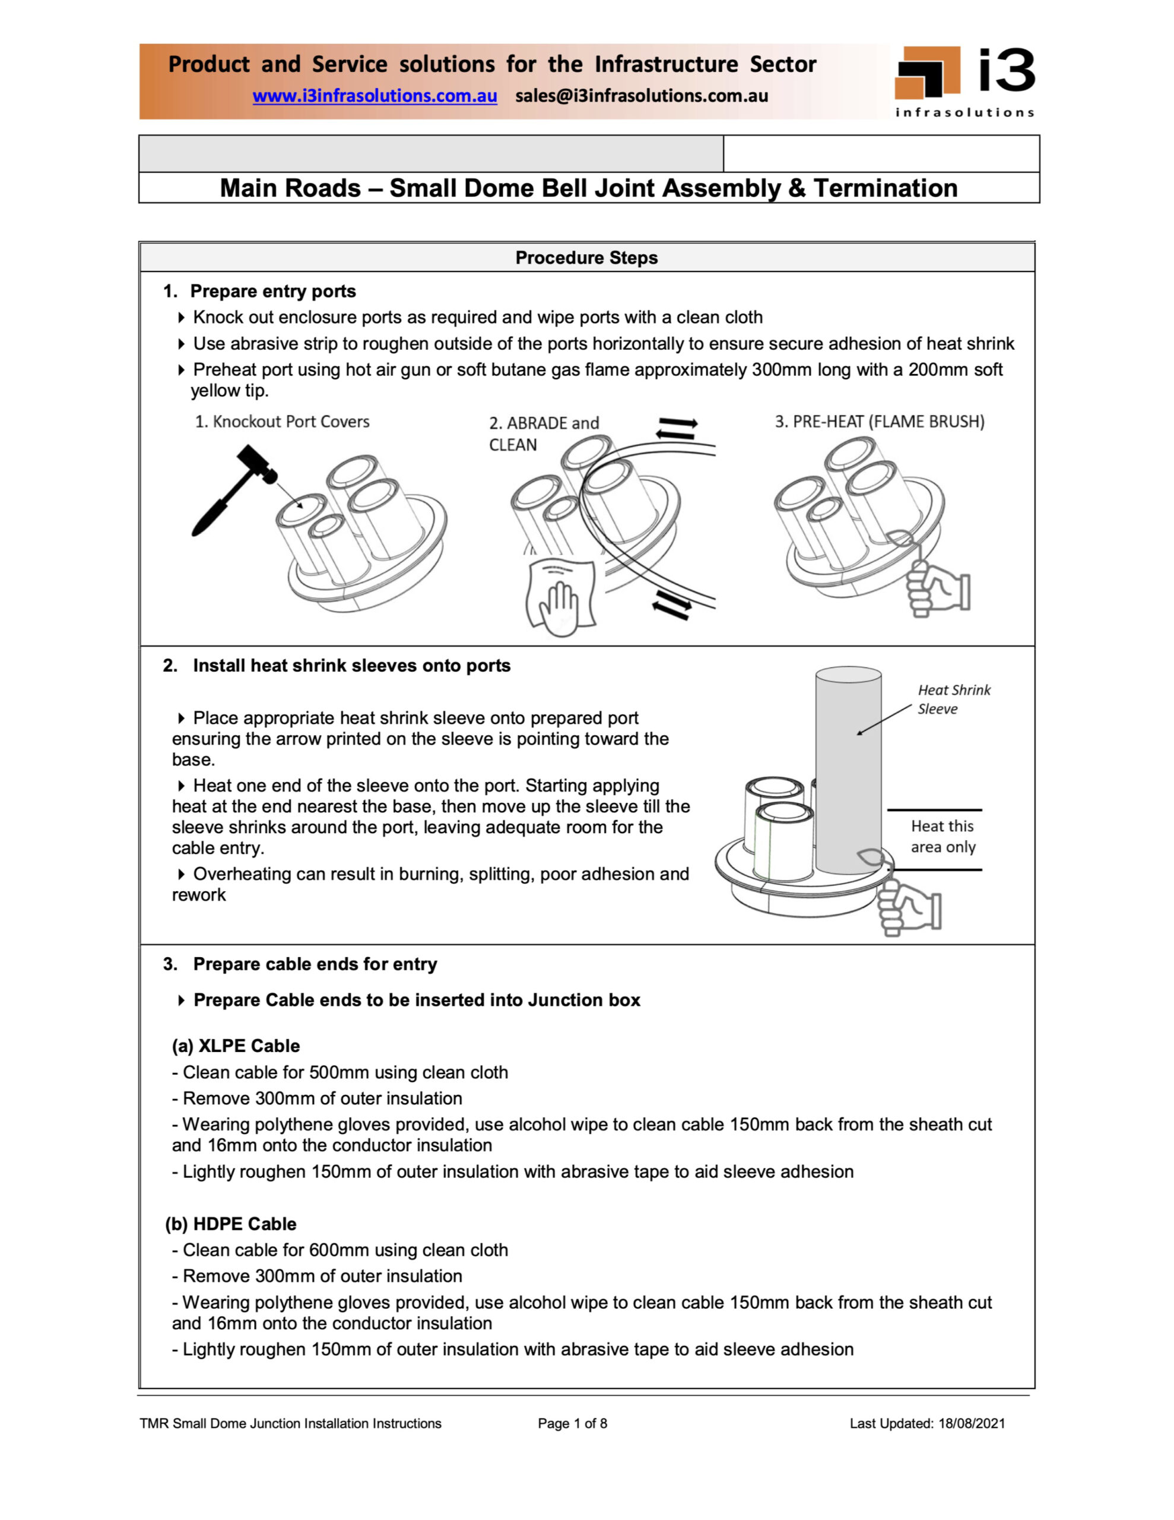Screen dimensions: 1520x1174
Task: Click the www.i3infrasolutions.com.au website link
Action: pos(375,96)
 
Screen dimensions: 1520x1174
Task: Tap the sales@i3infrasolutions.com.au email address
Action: pos(641,96)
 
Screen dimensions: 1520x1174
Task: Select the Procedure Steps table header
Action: pos(586,258)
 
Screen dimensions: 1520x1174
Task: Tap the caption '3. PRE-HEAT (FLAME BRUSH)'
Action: pos(879,422)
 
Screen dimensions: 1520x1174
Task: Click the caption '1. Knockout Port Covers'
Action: pos(282,422)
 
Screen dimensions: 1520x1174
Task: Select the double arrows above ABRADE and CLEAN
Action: pos(677,428)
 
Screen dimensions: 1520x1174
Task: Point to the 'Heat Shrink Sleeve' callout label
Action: pos(953,699)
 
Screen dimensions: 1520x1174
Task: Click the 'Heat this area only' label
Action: pos(943,836)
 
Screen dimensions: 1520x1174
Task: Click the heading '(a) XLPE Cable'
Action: pos(235,1046)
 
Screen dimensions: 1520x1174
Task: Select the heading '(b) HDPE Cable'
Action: pos(230,1224)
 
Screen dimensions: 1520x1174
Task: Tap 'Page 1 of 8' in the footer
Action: pos(572,1423)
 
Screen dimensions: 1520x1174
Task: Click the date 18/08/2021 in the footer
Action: pos(971,1423)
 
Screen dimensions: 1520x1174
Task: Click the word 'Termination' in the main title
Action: pos(885,188)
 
